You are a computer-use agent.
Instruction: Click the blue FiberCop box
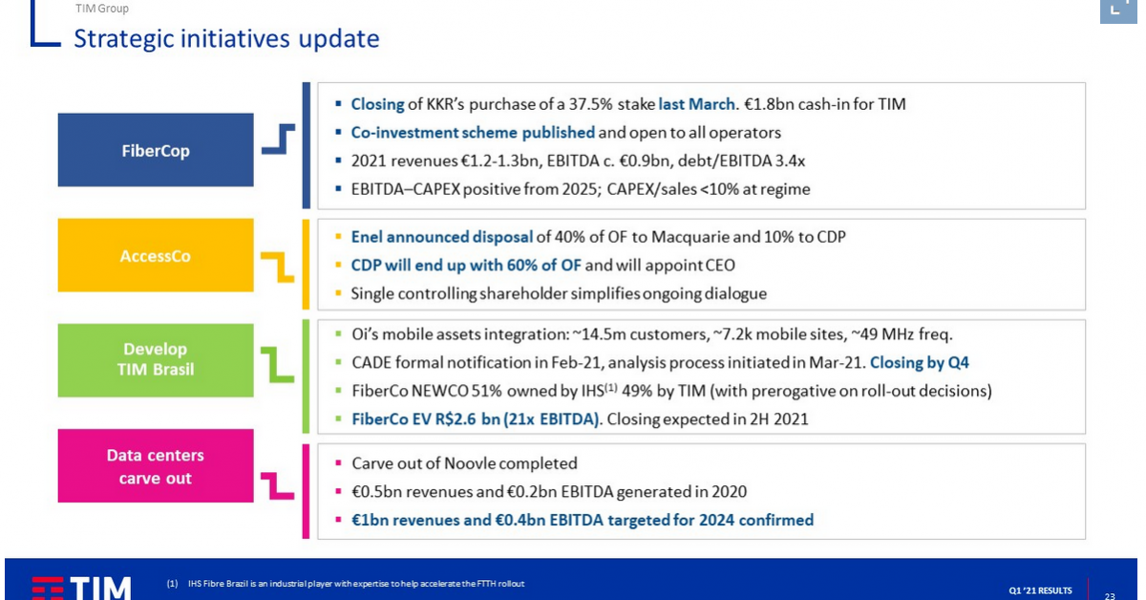tap(156, 150)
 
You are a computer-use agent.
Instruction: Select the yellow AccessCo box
tap(156, 255)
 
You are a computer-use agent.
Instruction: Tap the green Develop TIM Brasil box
tap(156, 360)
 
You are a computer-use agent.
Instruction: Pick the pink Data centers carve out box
tap(156, 466)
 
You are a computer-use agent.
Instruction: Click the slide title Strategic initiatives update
tap(226, 39)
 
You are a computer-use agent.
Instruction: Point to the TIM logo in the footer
tap(82, 589)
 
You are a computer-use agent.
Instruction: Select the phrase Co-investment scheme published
tap(473, 133)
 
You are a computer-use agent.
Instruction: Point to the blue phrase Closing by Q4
tap(920, 362)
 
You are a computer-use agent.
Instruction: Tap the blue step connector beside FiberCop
tap(278, 139)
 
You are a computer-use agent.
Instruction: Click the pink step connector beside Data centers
tap(278, 486)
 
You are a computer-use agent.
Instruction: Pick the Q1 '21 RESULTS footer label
tap(1040, 590)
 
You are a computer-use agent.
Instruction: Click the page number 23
tap(1110, 596)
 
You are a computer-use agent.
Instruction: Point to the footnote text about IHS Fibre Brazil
tap(356, 584)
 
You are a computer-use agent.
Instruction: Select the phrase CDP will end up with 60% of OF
tap(466, 266)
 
